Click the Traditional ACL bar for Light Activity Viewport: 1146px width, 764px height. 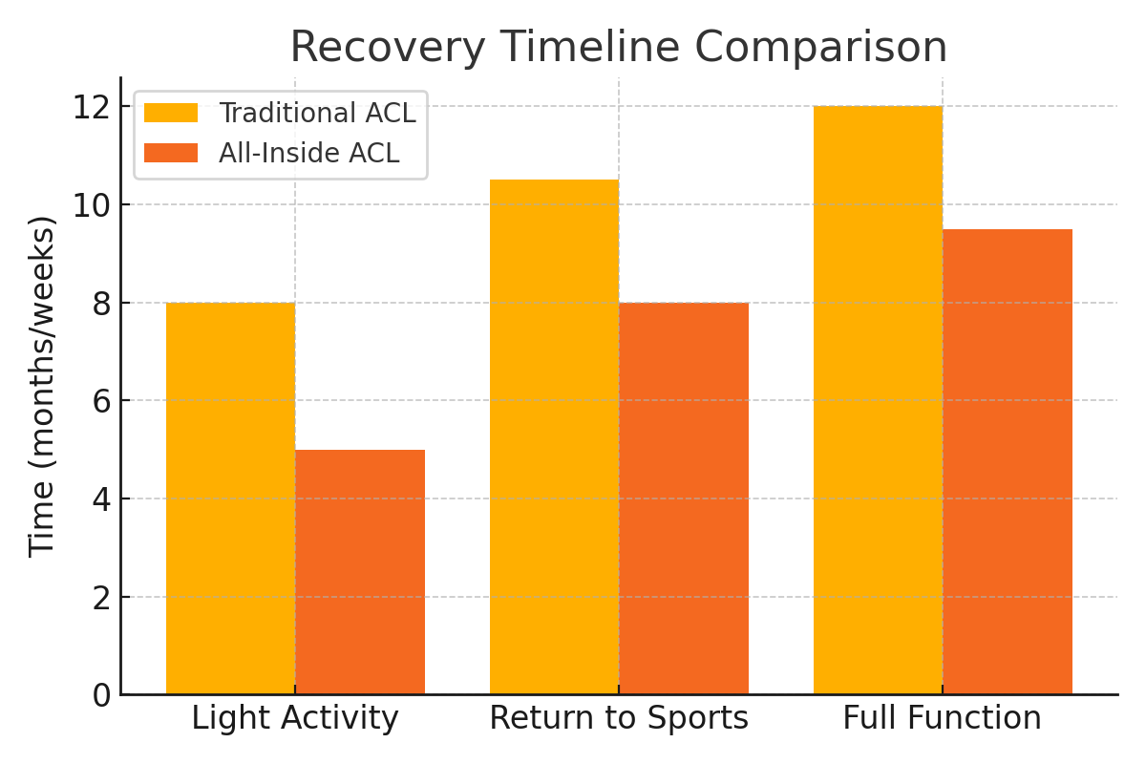[230, 499]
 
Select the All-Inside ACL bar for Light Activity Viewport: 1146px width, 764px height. [360, 572]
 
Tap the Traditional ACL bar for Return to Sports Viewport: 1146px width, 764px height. [554, 437]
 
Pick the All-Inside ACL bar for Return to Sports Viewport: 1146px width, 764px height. [684, 499]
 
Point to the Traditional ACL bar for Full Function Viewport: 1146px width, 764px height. [878, 400]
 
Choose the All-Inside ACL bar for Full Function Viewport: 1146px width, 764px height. [1008, 461]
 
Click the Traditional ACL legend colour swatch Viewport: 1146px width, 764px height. [171, 113]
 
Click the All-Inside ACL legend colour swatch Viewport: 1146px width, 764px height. [171, 153]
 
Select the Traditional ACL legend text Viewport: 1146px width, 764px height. [317, 113]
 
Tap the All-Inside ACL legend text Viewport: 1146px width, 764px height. [309, 153]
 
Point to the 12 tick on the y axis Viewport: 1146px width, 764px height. [92, 108]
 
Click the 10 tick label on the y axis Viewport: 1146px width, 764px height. [92, 205]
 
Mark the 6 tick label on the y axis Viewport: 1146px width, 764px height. [101, 402]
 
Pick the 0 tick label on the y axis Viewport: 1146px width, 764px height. [101, 696]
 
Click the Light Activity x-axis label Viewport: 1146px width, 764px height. [295, 718]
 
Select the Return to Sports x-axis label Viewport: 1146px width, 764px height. [619, 718]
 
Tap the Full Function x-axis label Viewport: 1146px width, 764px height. [943, 717]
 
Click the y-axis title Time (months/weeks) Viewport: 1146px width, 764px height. [41, 387]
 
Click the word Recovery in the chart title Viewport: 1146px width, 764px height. [388, 48]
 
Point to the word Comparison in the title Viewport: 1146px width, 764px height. [820, 48]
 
